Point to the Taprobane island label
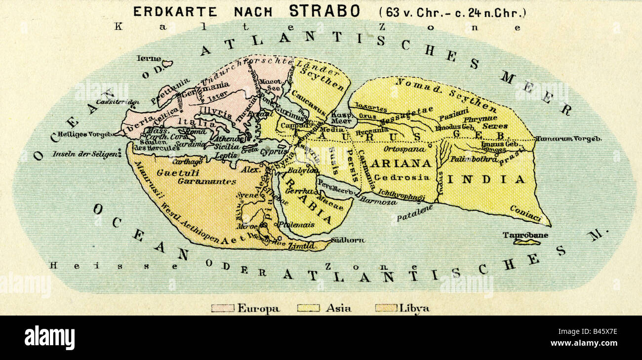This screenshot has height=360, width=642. click(x=525, y=235)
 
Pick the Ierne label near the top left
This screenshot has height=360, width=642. click(x=149, y=58)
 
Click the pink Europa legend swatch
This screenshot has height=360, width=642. click(x=223, y=308)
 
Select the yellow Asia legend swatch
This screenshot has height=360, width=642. click(x=308, y=308)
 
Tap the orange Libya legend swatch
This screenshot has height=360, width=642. click(x=386, y=308)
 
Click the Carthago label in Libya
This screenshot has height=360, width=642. click(x=187, y=161)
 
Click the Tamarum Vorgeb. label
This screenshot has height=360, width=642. click(x=569, y=139)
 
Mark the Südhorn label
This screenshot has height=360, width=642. click(x=348, y=240)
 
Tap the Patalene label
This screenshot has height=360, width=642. click(x=414, y=213)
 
